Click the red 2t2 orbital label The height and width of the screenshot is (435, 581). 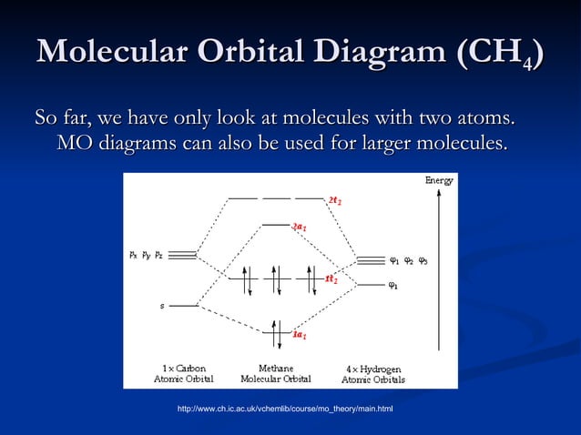[335, 199]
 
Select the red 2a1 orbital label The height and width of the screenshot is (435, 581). [299, 227]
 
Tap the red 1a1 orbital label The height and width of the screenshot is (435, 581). [299, 335]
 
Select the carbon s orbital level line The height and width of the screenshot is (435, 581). [184, 306]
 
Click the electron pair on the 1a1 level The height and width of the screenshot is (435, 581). [276, 331]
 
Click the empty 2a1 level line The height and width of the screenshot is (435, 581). [275, 224]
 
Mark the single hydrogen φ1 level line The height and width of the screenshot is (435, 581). [370, 286]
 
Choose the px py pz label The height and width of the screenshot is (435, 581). [146, 255]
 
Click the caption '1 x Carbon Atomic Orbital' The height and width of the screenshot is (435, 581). [183, 374]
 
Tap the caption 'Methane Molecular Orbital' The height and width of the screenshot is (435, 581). [276, 374]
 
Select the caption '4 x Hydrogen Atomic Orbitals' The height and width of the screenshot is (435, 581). [373, 374]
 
